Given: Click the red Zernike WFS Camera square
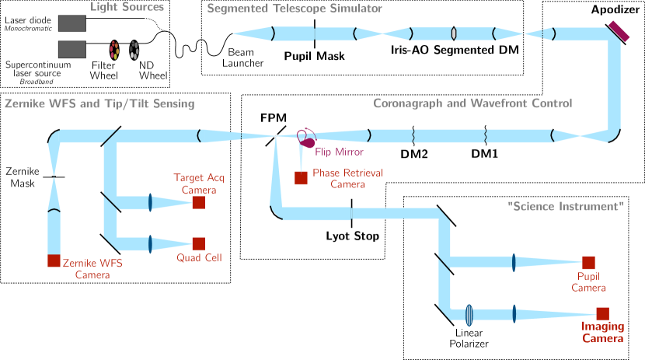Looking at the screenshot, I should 54,261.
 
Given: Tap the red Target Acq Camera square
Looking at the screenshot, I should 198,203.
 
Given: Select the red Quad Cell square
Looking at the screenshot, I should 198,243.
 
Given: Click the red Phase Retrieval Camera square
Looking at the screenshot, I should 301,178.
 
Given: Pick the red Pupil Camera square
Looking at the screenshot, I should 588,263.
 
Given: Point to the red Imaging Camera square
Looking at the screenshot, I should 602,313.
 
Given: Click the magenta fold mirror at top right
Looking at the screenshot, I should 619,30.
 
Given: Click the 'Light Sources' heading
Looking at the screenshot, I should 127,8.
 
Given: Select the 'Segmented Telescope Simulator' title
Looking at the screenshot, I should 295,9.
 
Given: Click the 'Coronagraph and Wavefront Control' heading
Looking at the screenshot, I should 472,103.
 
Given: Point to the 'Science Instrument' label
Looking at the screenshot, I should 566,207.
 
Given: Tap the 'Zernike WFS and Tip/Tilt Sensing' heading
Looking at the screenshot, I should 99,103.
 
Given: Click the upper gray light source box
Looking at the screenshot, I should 72,23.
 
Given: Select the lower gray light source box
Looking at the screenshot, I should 72,50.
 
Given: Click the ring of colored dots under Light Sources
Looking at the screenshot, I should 114,51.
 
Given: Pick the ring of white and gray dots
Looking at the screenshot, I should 134,51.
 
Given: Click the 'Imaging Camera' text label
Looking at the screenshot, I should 602,333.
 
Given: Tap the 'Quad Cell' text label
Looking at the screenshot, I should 199,257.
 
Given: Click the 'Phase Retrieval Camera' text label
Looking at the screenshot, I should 347,178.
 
